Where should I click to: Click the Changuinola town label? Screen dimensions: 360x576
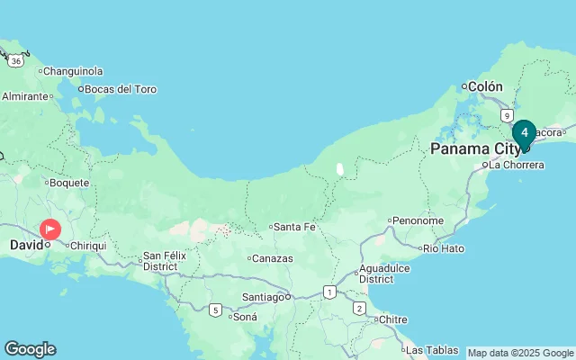pyautogui.click(x=73, y=71)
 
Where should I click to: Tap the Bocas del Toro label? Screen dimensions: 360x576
pyautogui.click(x=121, y=89)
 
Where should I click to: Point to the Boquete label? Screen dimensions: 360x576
pyautogui.click(x=68, y=183)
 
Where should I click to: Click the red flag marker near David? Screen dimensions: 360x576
pyautogui.click(x=50, y=229)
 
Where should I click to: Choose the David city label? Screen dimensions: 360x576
pyautogui.click(x=24, y=245)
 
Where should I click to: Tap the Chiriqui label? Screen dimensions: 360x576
pyautogui.click(x=89, y=246)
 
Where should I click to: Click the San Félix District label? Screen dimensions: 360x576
pyautogui.click(x=160, y=262)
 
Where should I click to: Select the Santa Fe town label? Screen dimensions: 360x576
pyautogui.click(x=294, y=227)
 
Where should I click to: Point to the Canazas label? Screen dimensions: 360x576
pyautogui.click(x=274, y=258)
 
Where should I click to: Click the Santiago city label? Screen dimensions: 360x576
pyautogui.click(x=264, y=297)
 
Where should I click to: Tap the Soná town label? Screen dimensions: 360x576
pyautogui.click(x=245, y=317)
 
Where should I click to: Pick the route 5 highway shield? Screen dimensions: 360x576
pyautogui.click(x=214, y=310)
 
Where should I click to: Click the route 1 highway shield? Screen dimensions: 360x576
pyautogui.click(x=330, y=292)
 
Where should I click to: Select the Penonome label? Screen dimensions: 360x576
pyautogui.click(x=418, y=220)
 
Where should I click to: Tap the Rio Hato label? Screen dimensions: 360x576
pyautogui.click(x=443, y=247)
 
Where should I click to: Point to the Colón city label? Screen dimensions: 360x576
pyautogui.click(x=486, y=86)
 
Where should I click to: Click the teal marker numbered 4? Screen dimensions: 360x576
pyautogui.click(x=525, y=133)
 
